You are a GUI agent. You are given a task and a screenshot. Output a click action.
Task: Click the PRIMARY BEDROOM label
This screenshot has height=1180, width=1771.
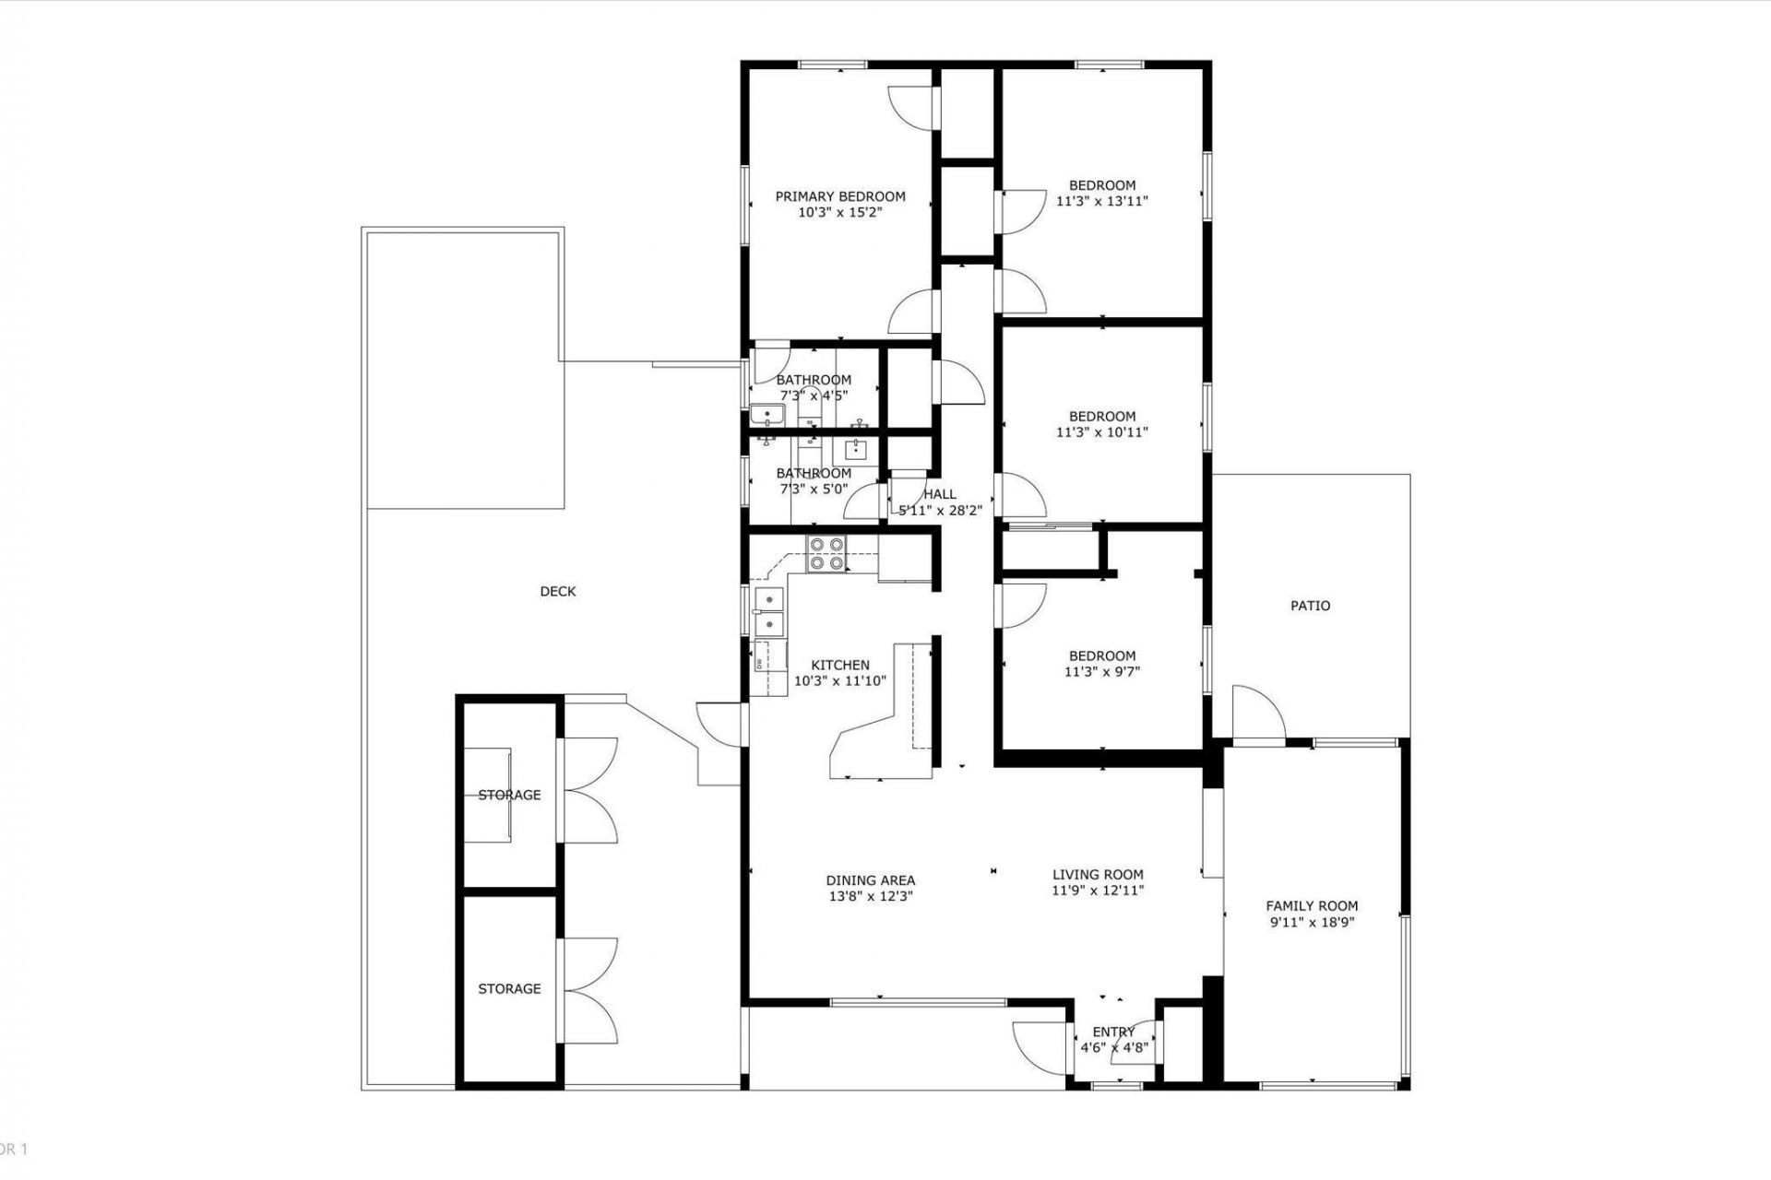pyautogui.click(x=839, y=196)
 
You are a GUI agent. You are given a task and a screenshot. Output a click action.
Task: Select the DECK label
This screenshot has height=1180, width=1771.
pyautogui.click(x=557, y=592)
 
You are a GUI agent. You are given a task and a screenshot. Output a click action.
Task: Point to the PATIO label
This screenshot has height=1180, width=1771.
pyautogui.click(x=1310, y=606)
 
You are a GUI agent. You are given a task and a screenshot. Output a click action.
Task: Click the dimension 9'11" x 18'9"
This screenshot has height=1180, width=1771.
pyautogui.click(x=1312, y=922)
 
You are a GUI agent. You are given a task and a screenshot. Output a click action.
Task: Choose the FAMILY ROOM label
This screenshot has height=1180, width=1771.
pyautogui.click(x=1312, y=906)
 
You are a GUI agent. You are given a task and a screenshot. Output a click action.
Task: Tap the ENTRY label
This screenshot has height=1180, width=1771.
pyautogui.click(x=1113, y=1032)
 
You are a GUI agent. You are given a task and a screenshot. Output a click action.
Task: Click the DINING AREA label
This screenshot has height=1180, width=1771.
pyautogui.click(x=870, y=880)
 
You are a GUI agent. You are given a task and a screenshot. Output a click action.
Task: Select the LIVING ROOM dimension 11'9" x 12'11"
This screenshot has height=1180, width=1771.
pyautogui.click(x=1098, y=891)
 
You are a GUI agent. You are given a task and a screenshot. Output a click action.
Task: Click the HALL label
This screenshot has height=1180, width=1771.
pyautogui.click(x=940, y=494)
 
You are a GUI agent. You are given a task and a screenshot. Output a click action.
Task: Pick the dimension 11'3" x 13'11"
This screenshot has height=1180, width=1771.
pyautogui.click(x=1101, y=201)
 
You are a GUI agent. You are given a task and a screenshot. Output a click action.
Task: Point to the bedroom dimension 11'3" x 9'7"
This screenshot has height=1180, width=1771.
pyautogui.click(x=1101, y=672)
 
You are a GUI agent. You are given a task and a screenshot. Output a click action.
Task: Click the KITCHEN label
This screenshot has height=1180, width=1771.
pyautogui.click(x=839, y=665)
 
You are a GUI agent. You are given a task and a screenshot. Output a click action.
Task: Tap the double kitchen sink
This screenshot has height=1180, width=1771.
pyautogui.click(x=768, y=612)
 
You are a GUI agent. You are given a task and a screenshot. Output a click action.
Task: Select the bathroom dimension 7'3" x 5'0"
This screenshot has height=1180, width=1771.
pyautogui.click(x=814, y=490)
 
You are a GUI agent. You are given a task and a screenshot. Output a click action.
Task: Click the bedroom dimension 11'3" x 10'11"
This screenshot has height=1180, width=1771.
pyautogui.click(x=1101, y=431)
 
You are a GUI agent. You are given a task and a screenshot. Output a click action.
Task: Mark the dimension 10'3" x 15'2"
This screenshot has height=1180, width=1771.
pyautogui.click(x=839, y=212)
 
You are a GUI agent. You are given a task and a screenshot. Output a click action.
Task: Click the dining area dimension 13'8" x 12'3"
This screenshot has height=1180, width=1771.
pyautogui.click(x=870, y=896)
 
